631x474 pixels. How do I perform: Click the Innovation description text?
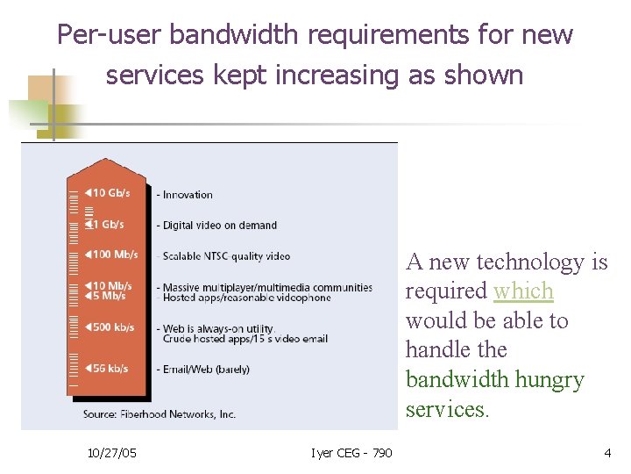click(x=186, y=195)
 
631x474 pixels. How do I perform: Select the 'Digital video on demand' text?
click(x=217, y=226)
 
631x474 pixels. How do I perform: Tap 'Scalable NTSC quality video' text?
click(x=223, y=256)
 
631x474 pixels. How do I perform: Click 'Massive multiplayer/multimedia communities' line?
click(x=265, y=287)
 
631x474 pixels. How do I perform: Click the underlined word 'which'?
click(x=523, y=291)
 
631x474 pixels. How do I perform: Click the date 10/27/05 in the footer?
click(x=111, y=453)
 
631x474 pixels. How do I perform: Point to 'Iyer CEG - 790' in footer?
click(x=351, y=453)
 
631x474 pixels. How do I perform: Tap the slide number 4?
click(x=606, y=453)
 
